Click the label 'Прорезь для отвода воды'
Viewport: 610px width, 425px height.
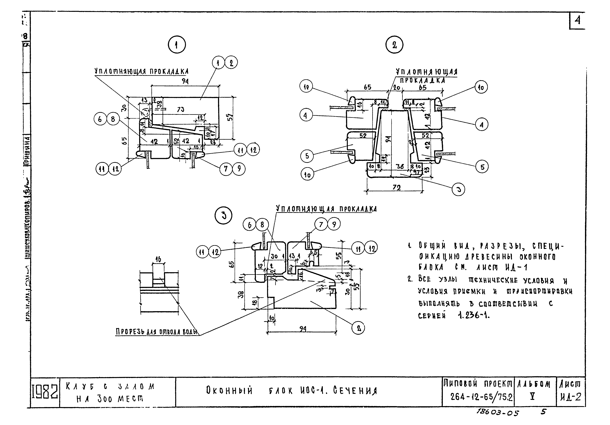(157, 332)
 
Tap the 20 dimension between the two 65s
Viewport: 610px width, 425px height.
(397, 87)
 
